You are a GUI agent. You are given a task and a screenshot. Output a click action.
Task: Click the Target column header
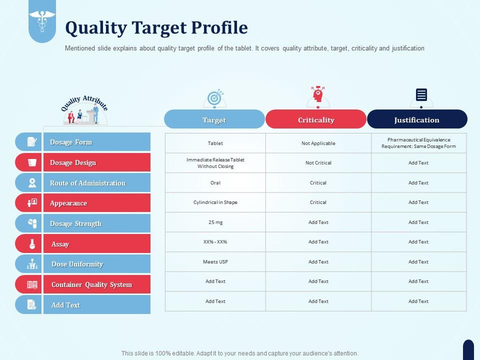[214, 119]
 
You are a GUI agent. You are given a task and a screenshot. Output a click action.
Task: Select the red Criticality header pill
[316, 119]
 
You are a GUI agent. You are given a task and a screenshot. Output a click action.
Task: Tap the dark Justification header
[417, 119]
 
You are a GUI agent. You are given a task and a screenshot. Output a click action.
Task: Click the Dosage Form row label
[71, 142]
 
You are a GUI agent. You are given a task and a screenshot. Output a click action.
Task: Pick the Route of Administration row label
[88, 183]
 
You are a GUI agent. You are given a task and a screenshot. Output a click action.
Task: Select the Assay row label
[60, 244]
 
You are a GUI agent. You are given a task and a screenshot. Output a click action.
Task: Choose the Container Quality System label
[92, 284]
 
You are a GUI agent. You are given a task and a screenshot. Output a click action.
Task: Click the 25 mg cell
[215, 222]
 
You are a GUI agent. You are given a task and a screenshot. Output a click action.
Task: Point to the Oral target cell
[215, 183]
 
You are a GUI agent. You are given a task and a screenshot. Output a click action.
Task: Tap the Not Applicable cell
[318, 143]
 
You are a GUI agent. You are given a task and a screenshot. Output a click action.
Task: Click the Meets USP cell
[215, 261]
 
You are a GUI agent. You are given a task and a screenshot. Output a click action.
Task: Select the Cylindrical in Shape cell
[215, 202]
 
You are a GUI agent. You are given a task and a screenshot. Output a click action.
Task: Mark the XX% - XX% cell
[215, 242]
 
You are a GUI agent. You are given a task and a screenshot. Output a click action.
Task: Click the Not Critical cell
[318, 163]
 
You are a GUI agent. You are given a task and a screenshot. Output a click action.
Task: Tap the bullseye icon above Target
[215, 97]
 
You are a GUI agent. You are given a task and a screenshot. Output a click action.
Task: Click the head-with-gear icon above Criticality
[318, 94]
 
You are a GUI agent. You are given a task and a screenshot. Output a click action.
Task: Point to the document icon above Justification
[421, 94]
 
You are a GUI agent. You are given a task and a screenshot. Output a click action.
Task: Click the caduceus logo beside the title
[42, 20]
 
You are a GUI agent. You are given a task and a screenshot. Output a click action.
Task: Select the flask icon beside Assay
[32, 243]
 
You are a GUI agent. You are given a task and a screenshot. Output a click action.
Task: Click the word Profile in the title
[219, 27]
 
